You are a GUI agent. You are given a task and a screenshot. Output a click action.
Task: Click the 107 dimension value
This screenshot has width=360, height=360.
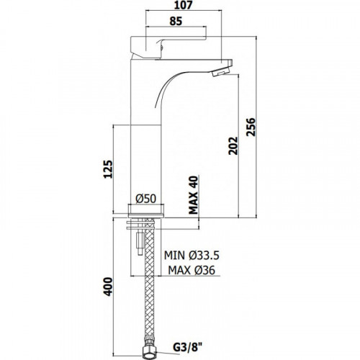point(184,5)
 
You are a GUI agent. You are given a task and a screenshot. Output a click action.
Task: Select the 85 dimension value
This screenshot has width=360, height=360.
point(176,21)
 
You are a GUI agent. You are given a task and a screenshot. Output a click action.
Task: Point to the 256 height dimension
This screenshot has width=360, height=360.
point(251,127)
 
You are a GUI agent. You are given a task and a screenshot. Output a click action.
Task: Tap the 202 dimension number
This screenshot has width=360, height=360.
point(233,146)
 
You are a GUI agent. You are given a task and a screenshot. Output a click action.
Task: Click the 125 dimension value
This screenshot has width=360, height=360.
point(108,169)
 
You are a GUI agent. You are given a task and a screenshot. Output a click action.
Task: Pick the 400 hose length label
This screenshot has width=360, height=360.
point(108,287)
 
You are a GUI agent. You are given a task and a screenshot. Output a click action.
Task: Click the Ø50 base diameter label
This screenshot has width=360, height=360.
point(146,199)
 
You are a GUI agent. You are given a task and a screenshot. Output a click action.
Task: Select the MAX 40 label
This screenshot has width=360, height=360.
point(194,195)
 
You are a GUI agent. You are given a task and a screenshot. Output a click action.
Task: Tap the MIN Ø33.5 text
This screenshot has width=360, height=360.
point(192,256)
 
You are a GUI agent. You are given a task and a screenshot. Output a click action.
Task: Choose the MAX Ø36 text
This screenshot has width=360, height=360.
point(192,270)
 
